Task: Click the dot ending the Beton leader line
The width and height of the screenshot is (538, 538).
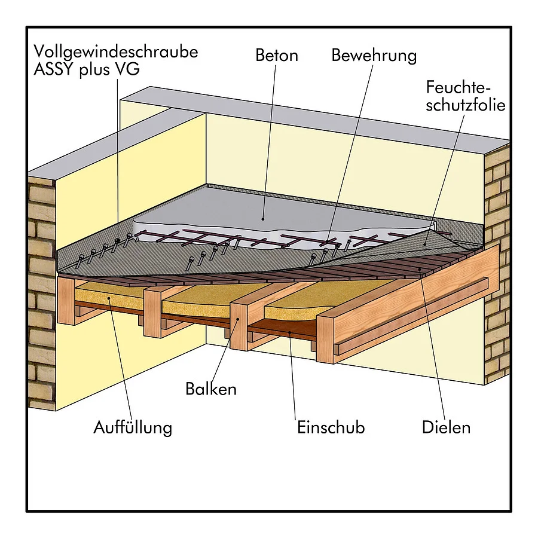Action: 263,219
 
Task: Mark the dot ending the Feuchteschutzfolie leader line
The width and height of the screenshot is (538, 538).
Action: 425,244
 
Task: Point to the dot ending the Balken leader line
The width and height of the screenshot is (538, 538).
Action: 238,319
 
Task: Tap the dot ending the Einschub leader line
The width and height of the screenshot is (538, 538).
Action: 290,332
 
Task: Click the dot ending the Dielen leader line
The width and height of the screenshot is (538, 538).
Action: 419,270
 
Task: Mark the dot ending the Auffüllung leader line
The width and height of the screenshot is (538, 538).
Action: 109,298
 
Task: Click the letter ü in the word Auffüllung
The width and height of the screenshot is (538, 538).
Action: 129,427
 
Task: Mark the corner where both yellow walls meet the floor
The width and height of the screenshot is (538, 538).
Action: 206,185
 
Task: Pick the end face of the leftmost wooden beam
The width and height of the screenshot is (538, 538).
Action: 66,301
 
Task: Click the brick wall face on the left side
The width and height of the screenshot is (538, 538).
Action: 41,292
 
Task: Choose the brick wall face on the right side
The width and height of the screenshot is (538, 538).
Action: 497,264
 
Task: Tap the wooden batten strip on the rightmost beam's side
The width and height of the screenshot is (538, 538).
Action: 411,314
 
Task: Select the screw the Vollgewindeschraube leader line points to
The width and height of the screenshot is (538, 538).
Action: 117,242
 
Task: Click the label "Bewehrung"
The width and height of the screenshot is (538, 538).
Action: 374,56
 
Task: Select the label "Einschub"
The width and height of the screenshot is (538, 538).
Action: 331,427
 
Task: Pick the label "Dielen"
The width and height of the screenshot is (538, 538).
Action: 446,427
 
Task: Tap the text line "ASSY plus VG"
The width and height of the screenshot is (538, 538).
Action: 87,70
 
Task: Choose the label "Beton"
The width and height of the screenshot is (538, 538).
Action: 277,56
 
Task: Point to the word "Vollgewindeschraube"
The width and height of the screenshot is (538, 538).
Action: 116,52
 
